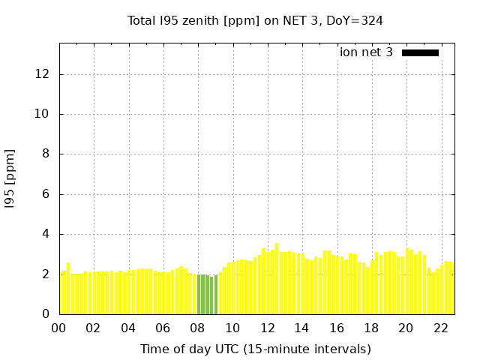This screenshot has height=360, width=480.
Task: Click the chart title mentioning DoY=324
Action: click(255, 20)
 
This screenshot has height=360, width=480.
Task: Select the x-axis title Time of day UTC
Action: click(255, 349)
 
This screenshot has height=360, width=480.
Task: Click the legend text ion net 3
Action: click(366, 52)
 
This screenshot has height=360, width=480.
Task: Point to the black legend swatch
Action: click(420, 52)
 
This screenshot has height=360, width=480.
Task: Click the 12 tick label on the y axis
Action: click(43, 74)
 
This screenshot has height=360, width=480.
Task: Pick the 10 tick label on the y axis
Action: click(43, 114)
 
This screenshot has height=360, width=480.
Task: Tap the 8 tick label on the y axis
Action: click(46, 154)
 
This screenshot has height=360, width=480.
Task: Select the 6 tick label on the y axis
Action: click(46, 194)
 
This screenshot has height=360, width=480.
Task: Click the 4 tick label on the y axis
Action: click(46, 234)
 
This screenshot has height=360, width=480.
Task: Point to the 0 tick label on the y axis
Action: click(46, 314)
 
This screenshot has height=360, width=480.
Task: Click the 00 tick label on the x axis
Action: click(59, 328)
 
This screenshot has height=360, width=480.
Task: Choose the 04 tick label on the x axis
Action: click(128, 328)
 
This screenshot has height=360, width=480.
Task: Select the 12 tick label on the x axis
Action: click(267, 328)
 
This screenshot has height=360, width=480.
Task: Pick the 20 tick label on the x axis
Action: click(406, 328)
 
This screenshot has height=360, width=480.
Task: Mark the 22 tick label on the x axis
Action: click(441, 328)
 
